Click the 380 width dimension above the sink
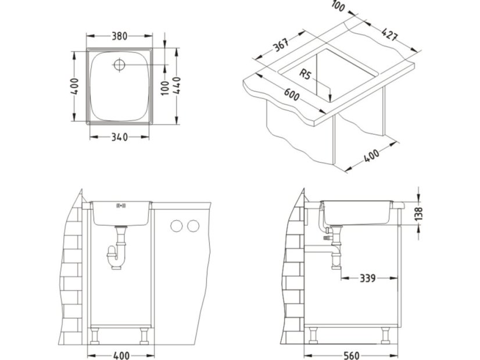coord(120,35)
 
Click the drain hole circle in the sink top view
coord(120,64)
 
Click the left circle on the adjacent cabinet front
coord(176,225)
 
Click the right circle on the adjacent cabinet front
coord(192,225)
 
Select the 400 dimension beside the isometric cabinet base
coord(371,156)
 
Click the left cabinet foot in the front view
coord(95,336)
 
